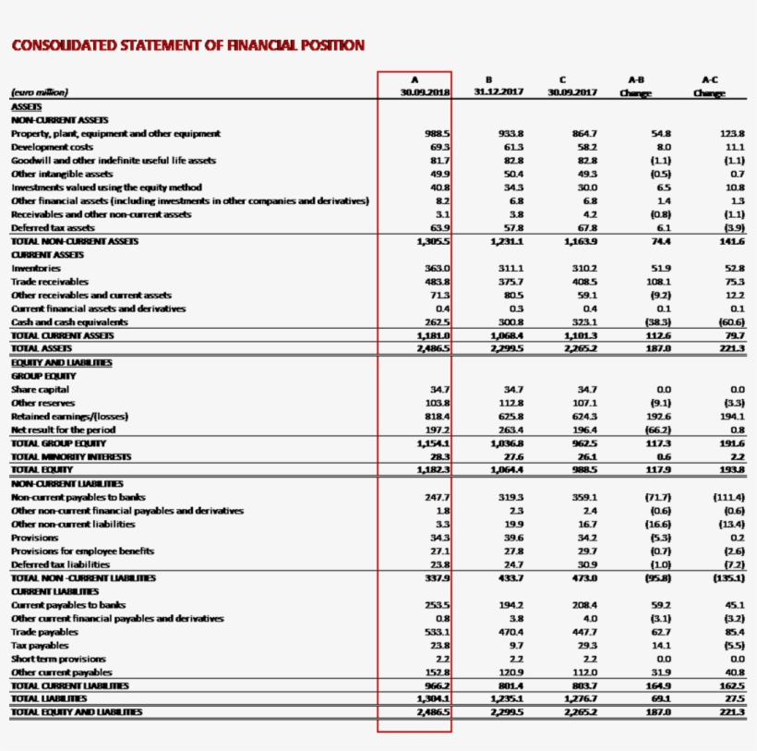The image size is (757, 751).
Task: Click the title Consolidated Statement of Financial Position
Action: (187, 45)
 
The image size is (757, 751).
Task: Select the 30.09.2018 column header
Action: (425, 92)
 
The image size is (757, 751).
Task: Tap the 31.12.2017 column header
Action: (498, 92)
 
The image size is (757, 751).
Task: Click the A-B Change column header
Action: (635, 92)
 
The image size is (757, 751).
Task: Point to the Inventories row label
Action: (36, 268)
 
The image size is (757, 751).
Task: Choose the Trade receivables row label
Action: (50, 281)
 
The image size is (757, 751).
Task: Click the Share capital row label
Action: (40, 390)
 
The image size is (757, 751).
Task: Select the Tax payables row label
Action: (39, 645)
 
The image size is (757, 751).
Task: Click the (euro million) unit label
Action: (40, 92)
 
